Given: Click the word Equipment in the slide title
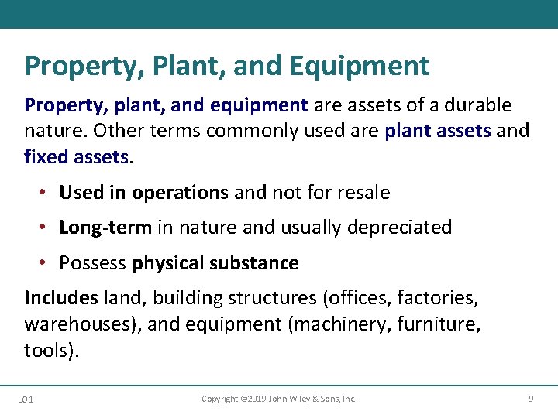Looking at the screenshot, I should [x=360, y=66].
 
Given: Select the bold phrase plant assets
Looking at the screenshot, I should [x=438, y=131].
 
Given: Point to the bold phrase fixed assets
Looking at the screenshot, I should [x=76, y=157].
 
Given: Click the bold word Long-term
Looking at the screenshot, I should [x=106, y=228].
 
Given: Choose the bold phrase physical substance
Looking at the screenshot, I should [x=215, y=263].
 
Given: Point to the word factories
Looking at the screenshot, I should [x=440, y=297].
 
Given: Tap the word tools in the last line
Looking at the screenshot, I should [x=48, y=350].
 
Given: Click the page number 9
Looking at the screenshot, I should [x=531, y=399].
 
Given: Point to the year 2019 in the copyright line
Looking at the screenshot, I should [x=254, y=399].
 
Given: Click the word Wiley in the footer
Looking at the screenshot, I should [x=302, y=399].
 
